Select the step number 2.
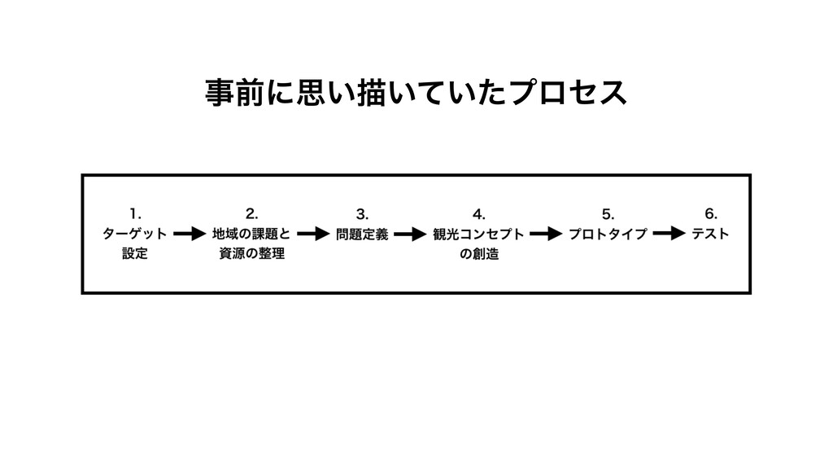[252, 214]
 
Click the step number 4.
[478, 214]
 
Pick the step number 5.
[607, 214]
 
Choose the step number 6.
[710, 214]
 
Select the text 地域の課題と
[251, 234]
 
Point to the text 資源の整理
[251, 254]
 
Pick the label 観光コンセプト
[478, 234]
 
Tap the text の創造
[478, 254]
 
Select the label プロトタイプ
[607, 234]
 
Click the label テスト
[710, 234]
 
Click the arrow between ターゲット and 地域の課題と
[190, 234]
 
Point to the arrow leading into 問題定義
[312, 234]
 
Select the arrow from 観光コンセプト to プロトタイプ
[546, 234]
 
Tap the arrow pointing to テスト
[669, 234]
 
